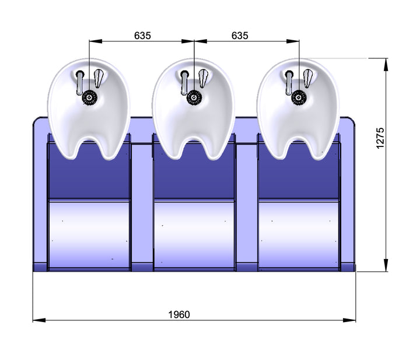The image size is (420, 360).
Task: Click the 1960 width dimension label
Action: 179,314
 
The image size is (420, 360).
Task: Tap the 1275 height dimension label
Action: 380,138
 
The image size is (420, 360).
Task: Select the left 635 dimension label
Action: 142,36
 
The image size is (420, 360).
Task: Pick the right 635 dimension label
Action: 240,36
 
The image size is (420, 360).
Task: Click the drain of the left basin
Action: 89,97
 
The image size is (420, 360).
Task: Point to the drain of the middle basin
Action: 194,97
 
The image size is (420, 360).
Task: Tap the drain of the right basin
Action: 299,97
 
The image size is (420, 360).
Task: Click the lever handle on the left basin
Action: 99,78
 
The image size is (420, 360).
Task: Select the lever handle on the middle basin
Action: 203,78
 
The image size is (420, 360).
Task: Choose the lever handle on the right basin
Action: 308,78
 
